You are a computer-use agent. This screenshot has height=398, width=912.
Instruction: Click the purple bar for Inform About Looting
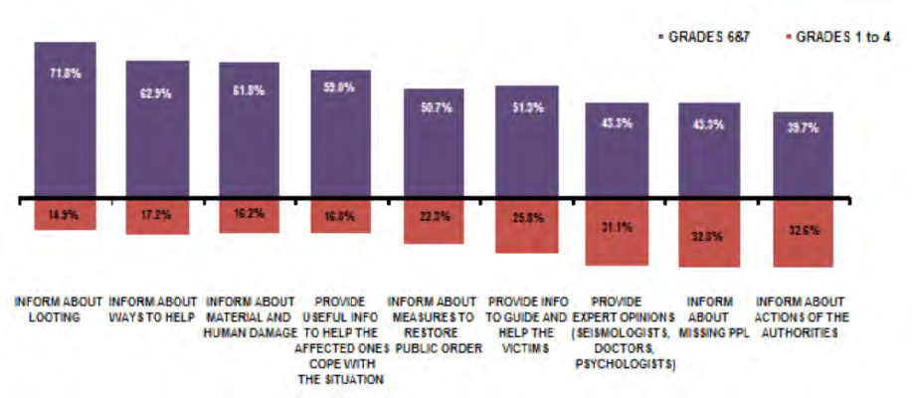pyautogui.click(x=65, y=118)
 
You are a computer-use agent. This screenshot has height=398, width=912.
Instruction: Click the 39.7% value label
pyautogui.click(x=804, y=128)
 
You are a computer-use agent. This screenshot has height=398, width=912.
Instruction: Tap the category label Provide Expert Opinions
pyautogui.click(x=620, y=332)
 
